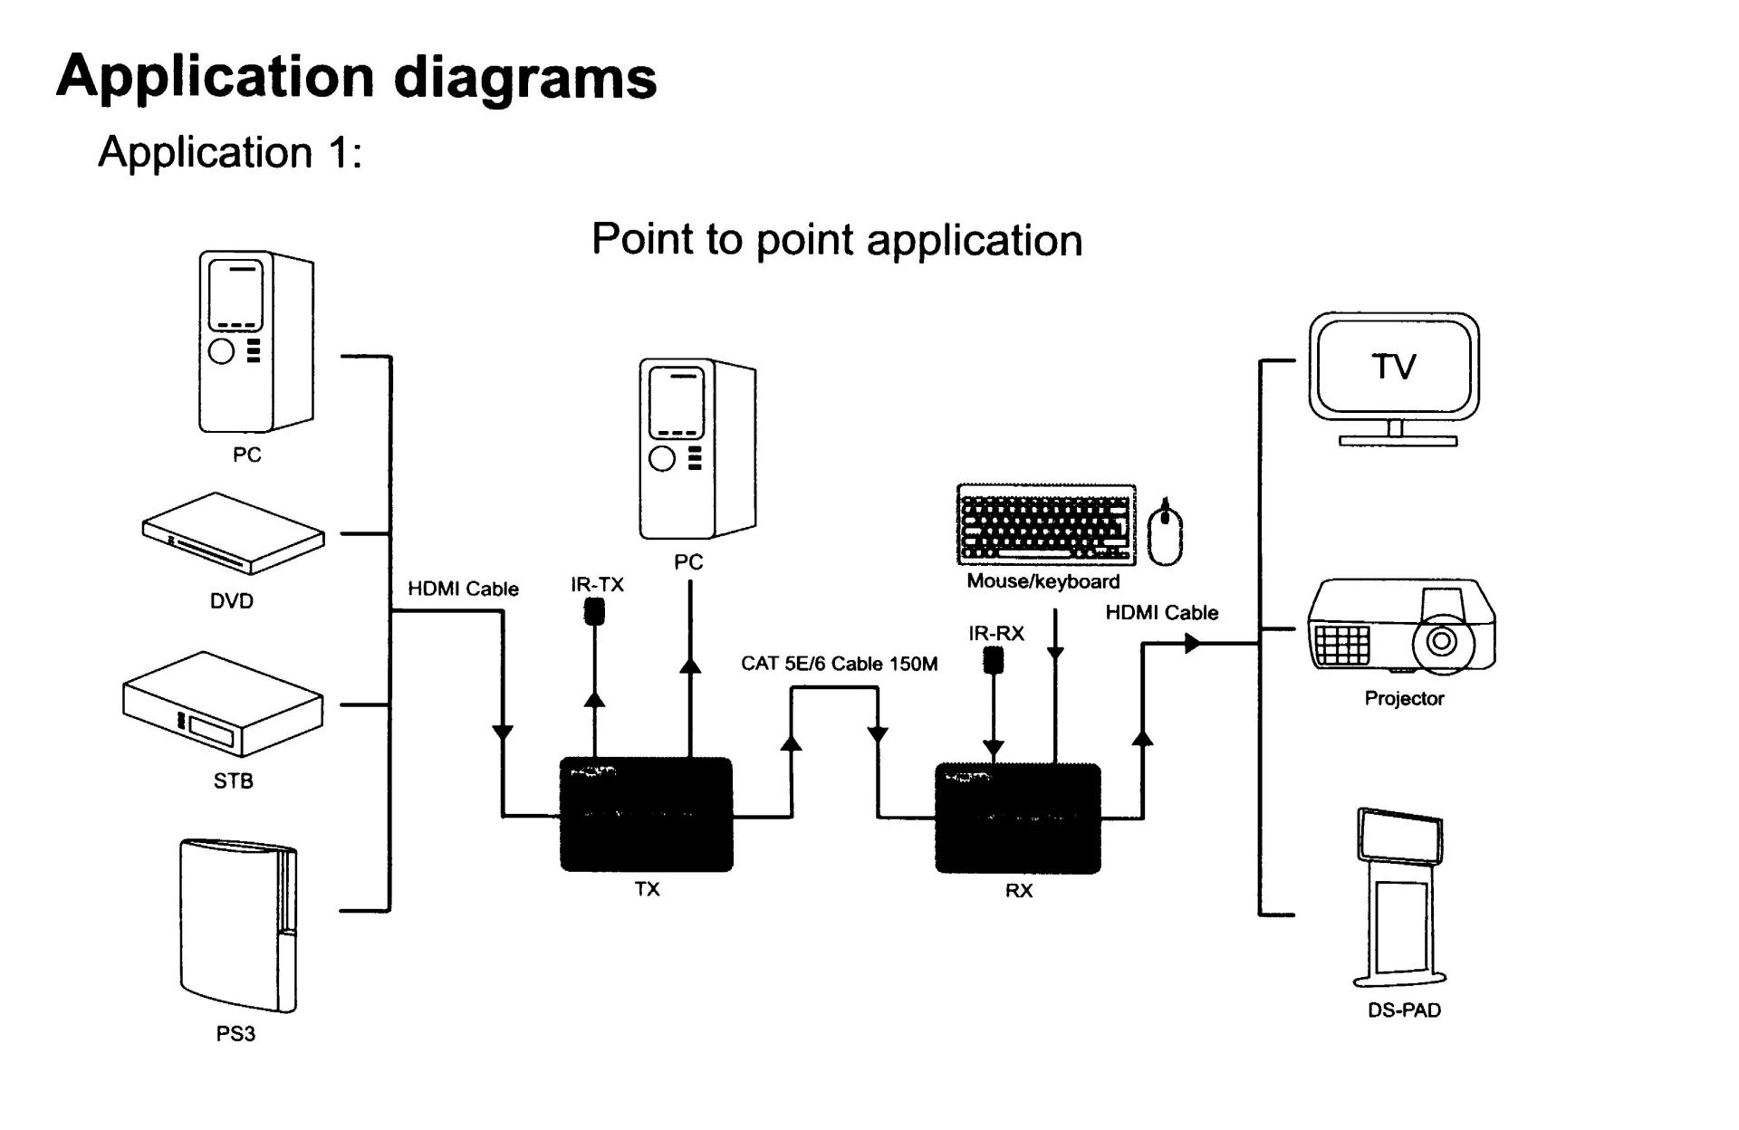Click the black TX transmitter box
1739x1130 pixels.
646,814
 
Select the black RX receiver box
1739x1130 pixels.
1017,819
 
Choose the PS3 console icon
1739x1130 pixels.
238,925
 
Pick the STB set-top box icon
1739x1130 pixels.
223,704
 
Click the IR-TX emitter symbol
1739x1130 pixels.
594,612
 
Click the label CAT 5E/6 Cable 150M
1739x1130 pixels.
839,664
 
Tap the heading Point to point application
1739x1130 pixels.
836,240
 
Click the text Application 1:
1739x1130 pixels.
230,152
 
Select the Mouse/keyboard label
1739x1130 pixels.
1042,581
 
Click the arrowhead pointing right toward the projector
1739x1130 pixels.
1193,643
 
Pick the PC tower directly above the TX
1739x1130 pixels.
697,448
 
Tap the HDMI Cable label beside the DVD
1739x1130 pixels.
463,589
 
